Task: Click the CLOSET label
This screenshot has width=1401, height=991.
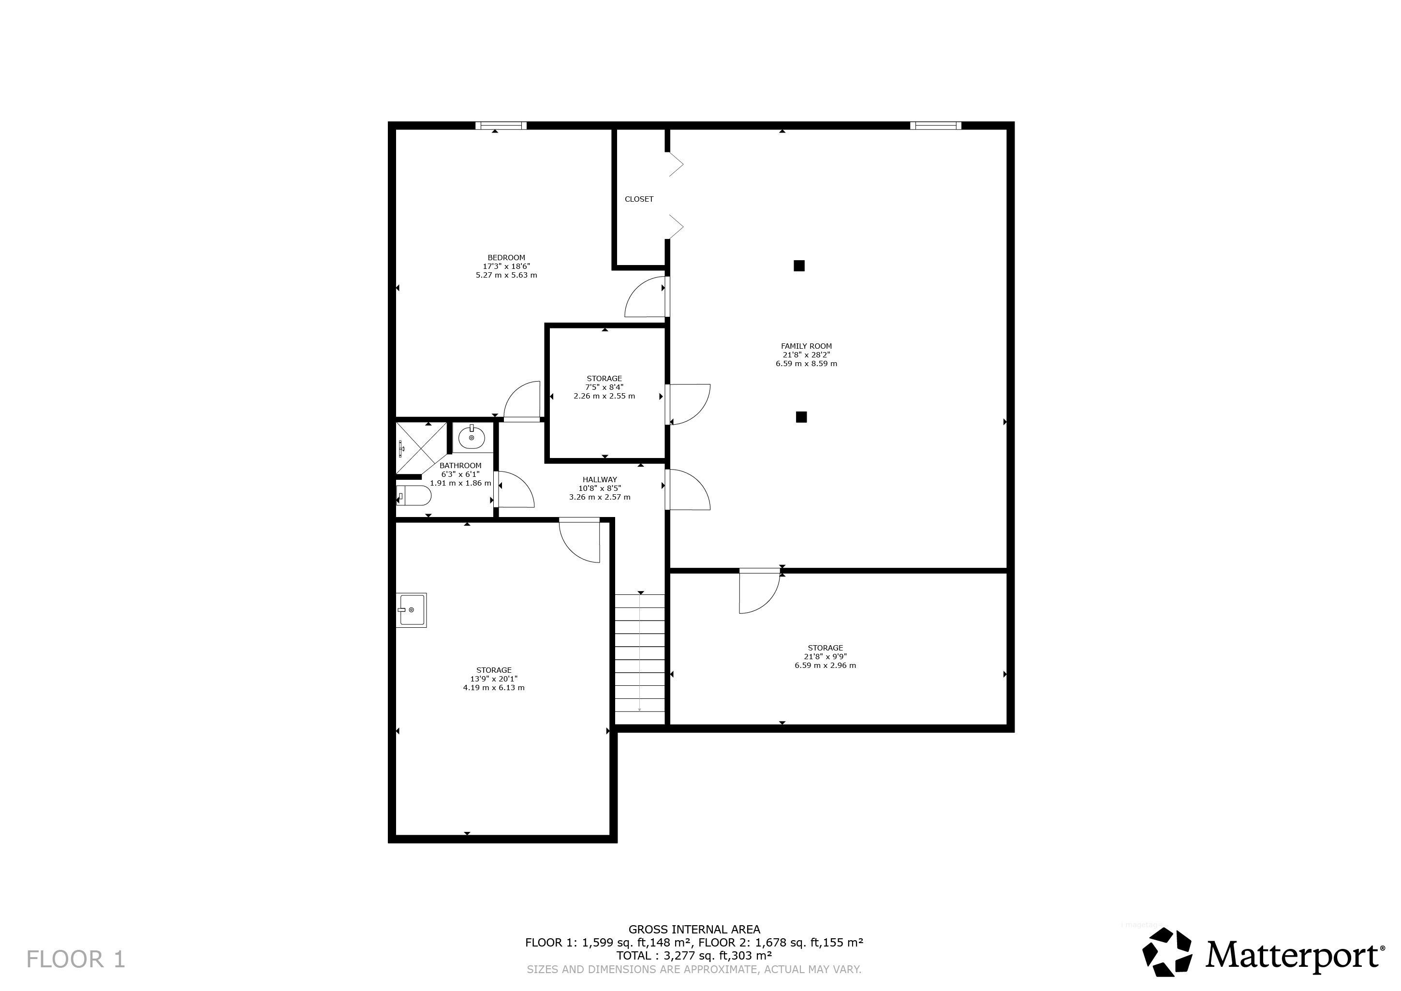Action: click(x=639, y=199)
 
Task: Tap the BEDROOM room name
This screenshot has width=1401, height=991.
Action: click(x=506, y=257)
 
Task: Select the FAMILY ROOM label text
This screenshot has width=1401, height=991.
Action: click(x=806, y=346)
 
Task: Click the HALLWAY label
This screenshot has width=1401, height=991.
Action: click(x=599, y=480)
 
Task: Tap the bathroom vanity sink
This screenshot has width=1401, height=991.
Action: click(x=472, y=437)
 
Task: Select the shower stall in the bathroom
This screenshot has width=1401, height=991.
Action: click(x=421, y=448)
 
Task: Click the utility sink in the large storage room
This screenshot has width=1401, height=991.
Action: click(x=411, y=609)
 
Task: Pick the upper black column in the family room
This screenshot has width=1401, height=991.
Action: click(x=799, y=266)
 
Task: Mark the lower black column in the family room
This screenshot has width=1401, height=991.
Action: click(x=801, y=417)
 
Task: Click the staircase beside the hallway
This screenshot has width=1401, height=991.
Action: click(x=639, y=660)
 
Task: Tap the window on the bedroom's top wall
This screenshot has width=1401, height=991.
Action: click(x=501, y=126)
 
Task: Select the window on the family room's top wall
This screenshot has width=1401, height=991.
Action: click(x=935, y=126)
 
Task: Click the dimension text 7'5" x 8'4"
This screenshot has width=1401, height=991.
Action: click(x=604, y=387)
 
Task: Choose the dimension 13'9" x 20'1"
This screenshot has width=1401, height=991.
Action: click(x=494, y=679)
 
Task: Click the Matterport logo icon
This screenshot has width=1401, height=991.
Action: click(x=1167, y=953)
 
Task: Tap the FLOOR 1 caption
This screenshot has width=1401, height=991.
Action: click(x=75, y=959)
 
